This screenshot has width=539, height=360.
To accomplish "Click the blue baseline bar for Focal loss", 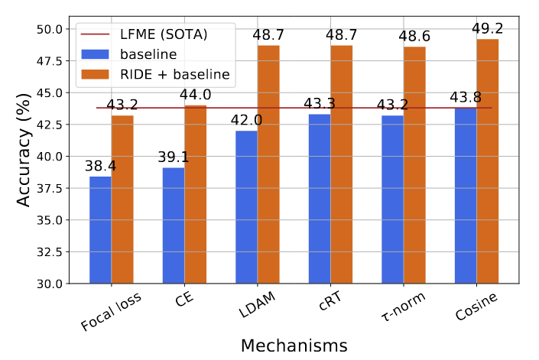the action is point(100,230).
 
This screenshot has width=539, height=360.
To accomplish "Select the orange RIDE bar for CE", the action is point(195,194).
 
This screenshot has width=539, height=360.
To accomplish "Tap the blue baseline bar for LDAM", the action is point(246,207).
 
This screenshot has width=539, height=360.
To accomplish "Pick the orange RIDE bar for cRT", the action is point(341,164).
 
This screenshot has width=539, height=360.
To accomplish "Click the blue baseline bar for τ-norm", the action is point(392,199).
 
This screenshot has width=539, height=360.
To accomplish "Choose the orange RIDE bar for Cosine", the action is point(488,161).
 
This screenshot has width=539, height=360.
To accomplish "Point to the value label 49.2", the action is point(488,28).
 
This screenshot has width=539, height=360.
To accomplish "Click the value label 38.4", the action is point(100,166).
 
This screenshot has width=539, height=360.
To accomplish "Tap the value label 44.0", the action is point(195,95).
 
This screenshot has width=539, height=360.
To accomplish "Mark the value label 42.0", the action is point(246,120).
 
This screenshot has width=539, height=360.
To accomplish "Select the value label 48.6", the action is point(414,36).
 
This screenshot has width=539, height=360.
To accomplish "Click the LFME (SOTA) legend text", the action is point(164,34).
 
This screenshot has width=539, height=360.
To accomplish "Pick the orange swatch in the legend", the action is point(95,74).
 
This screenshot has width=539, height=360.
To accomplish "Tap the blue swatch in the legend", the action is point(95,54).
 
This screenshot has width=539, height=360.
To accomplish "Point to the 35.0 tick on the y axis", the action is point(50,220).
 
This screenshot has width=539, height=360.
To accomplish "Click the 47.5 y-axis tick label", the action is point(50,61).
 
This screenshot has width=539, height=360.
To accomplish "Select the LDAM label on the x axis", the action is point(257,304).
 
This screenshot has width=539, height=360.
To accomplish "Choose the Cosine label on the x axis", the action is point(476,306).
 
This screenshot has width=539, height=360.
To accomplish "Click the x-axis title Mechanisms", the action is point(294,345).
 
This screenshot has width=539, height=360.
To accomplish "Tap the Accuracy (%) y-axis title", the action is point(24,150).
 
